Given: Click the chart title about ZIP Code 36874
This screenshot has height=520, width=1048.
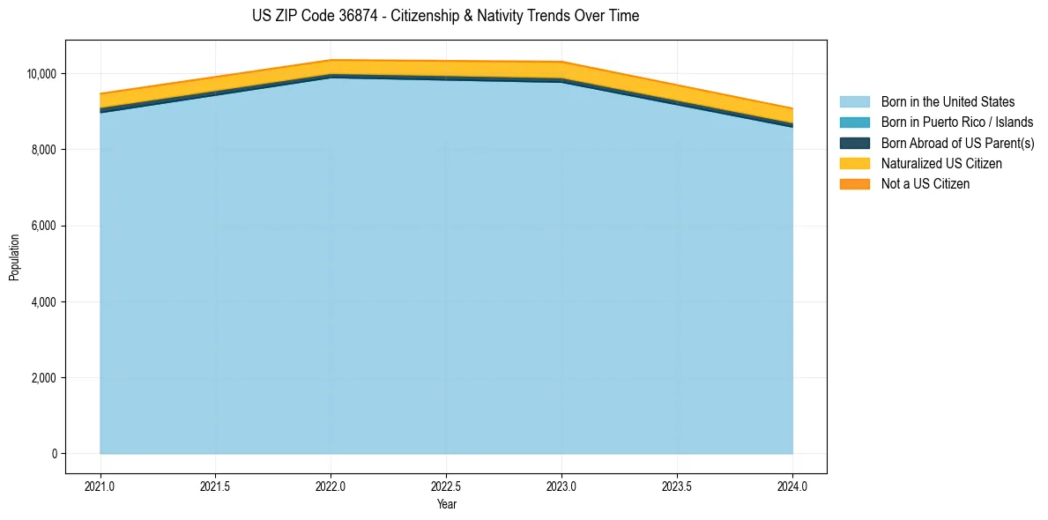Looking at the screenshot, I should click(x=445, y=16).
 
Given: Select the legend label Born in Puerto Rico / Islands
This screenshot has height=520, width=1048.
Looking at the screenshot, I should click(x=957, y=123).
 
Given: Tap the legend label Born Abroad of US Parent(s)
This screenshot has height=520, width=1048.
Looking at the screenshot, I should click(x=957, y=143).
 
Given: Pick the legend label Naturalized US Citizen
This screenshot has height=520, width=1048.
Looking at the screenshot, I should click(x=941, y=164).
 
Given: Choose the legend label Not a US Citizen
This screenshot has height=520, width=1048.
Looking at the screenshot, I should click(x=925, y=184).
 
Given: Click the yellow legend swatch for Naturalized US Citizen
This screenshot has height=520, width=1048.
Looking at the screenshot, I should click(x=854, y=164).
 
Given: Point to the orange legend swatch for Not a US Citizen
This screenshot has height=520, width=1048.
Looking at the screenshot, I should click(x=854, y=184).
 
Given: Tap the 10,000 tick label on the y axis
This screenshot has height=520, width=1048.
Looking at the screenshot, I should click(x=43, y=74).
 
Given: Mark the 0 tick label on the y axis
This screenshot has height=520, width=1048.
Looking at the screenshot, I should click(x=55, y=455).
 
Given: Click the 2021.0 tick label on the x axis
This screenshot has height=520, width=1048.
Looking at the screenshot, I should click(x=100, y=486).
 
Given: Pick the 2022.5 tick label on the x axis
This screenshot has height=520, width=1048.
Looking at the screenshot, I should click(x=446, y=486).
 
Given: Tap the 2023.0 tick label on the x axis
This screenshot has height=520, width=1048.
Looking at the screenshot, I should click(x=561, y=486).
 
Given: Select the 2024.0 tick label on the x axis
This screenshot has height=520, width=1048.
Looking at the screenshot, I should click(x=792, y=486).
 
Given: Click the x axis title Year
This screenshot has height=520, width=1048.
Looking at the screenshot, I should click(x=446, y=505).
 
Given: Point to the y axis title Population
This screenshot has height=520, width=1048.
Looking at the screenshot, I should click(x=14, y=257).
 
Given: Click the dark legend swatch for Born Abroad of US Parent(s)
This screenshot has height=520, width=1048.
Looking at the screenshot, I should click(x=854, y=143).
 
